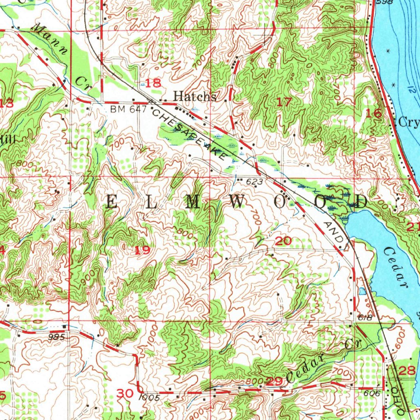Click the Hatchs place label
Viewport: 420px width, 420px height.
coord(194,96)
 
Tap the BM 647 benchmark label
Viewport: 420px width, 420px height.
coord(123,109)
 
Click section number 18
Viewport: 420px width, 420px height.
coord(154,83)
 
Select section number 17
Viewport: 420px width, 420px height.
coord(284,102)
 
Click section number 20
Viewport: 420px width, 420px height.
coord(283,241)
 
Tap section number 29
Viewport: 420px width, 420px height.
coord(274,381)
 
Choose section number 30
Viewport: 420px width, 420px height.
coord(125,394)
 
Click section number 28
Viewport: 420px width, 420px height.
coord(406,371)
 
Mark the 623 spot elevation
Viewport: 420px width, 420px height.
coord(252,180)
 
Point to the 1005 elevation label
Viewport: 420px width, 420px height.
coord(148,397)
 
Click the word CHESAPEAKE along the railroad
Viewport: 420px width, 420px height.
coord(189,133)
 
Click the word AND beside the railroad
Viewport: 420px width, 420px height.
coord(332,232)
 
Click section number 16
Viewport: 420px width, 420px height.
coord(374,114)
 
